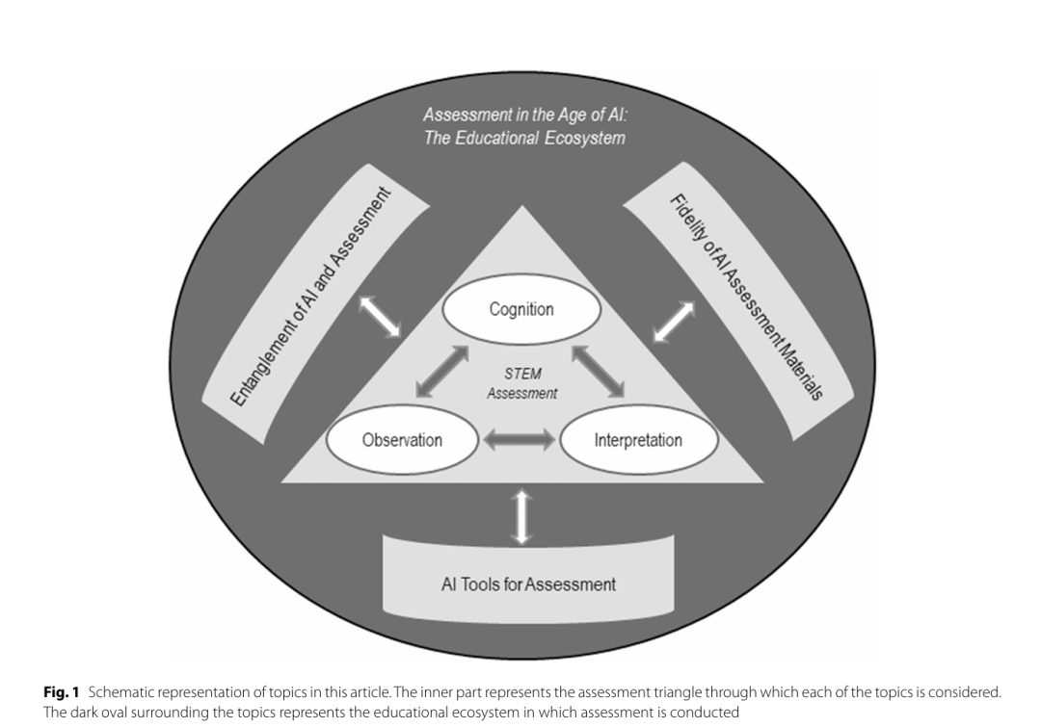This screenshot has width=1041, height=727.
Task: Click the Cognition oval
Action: tap(521, 309)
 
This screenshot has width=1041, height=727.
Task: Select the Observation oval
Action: tap(402, 440)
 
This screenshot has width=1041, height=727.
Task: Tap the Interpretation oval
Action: tap(639, 440)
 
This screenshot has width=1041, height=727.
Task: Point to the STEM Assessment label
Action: tap(521, 383)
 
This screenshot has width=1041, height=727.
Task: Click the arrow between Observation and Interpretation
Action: tap(520, 439)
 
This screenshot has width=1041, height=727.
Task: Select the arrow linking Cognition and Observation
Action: tap(442, 372)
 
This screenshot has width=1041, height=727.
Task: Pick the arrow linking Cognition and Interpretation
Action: tap(599, 372)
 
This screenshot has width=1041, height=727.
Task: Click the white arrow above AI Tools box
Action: tap(521, 517)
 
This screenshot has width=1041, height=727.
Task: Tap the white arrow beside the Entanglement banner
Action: tap(380, 317)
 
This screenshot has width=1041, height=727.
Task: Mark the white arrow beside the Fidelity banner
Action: tap(674, 323)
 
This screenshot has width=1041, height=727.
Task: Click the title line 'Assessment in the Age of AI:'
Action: tap(525, 115)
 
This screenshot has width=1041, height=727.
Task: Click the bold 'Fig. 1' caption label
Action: tap(61, 691)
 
